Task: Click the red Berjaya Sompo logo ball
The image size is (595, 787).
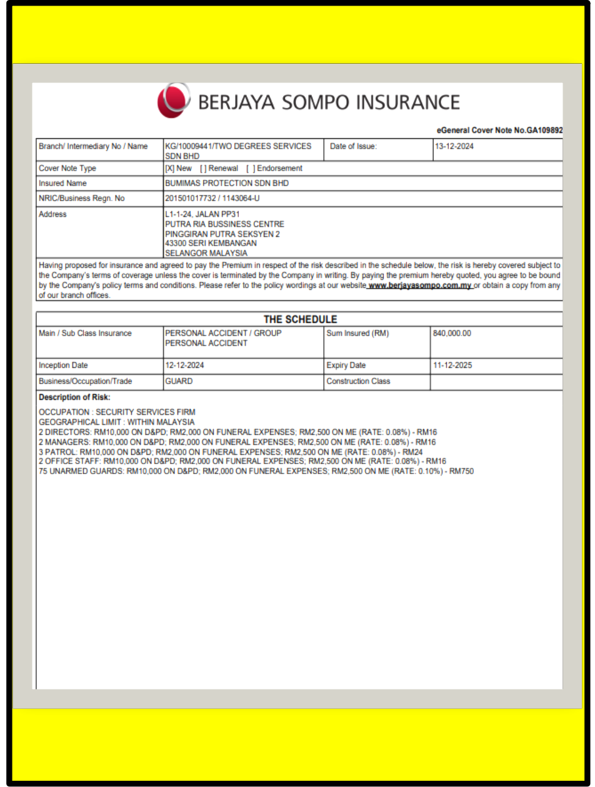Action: [x=173, y=101]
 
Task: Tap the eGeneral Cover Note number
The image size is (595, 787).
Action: [x=500, y=130]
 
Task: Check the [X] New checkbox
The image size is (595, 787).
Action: [x=169, y=169]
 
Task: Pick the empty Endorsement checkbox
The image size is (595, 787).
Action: [x=250, y=169]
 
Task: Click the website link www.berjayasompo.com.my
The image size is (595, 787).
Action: [x=419, y=285]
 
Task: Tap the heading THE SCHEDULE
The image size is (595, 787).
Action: [x=300, y=319]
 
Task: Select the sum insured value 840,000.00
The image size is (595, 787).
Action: [x=452, y=334]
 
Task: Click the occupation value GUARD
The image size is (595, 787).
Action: [x=179, y=381]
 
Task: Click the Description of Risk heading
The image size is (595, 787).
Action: [x=74, y=397]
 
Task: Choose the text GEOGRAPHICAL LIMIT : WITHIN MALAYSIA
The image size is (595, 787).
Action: [x=116, y=422]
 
